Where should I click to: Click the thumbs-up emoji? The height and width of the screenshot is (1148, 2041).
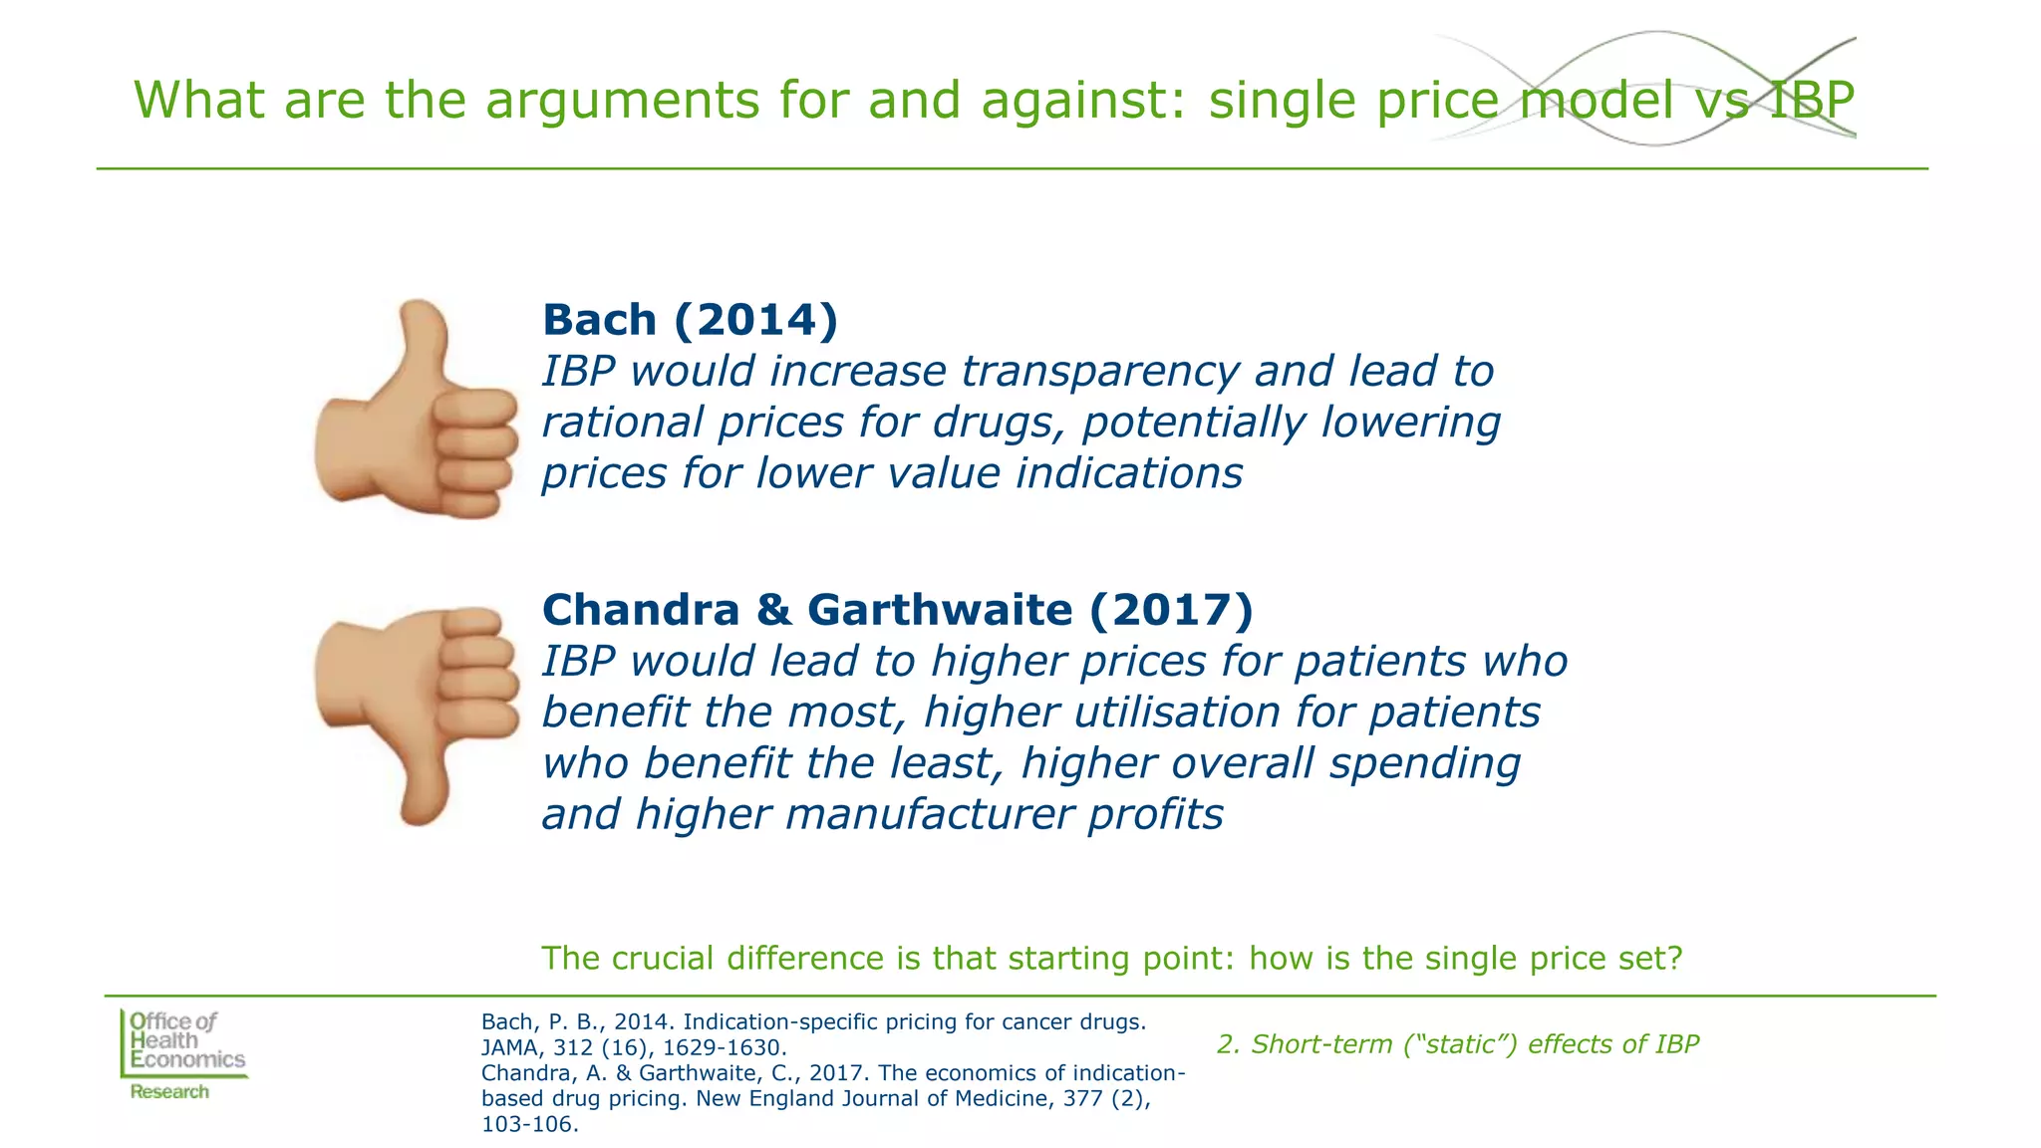(x=417, y=411)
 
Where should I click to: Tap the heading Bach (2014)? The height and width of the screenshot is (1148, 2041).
(x=690, y=320)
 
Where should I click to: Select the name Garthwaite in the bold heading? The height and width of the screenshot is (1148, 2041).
(x=939, y=610)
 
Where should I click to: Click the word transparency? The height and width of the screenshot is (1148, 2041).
(x=1100, y=372)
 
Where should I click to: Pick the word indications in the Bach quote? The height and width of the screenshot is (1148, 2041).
(x=1129, y=473)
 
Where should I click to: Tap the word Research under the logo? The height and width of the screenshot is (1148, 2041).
(x=169, y=1092)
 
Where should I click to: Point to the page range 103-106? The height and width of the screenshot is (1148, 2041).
(x=528, y=1125)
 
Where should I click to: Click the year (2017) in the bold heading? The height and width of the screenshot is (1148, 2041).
(x=1170, y=610)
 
